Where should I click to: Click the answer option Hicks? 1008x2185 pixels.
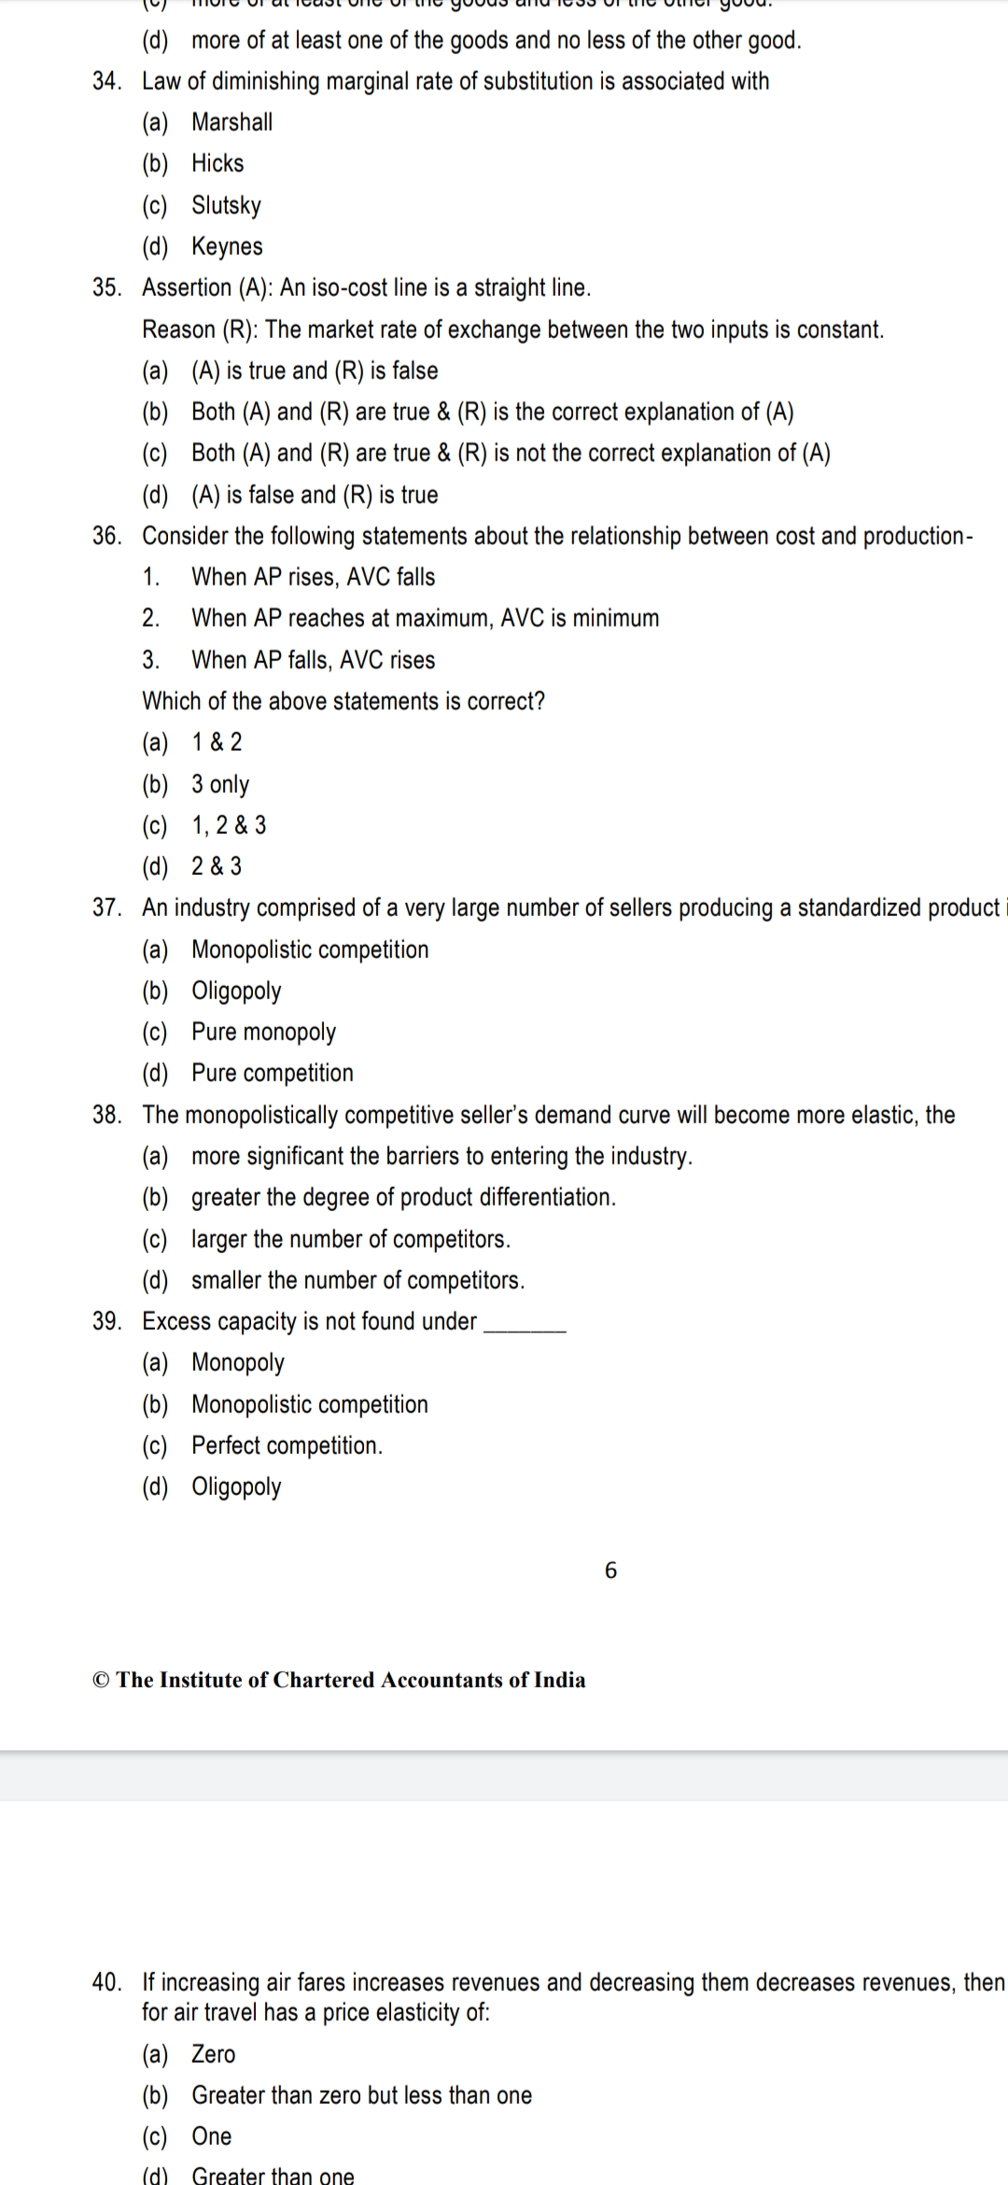[217, 163]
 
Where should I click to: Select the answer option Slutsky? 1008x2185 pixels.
[226, 205]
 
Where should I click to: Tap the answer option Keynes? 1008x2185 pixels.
[227, 247]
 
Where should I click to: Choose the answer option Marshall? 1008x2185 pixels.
[231, 122]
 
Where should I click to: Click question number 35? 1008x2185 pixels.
[106, 288]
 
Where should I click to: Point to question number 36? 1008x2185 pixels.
[106, 536]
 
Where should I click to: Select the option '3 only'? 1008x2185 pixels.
[220, 784]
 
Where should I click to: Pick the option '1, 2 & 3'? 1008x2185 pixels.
[229, 825]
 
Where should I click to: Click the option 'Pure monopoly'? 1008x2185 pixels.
[263, 1032]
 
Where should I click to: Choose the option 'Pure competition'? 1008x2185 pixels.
[273, 1073]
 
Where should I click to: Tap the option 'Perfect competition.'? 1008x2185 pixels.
[287, 1445]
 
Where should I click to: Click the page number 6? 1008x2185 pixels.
[611, 1571]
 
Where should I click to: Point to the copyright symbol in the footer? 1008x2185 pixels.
[101, 1680]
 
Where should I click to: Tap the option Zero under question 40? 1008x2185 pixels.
[214, 2054]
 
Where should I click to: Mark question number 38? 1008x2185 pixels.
[106, 1115]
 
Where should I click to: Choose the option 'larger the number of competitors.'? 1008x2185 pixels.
[350, 1239]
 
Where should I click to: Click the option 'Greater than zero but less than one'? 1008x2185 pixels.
[361, 2095]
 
